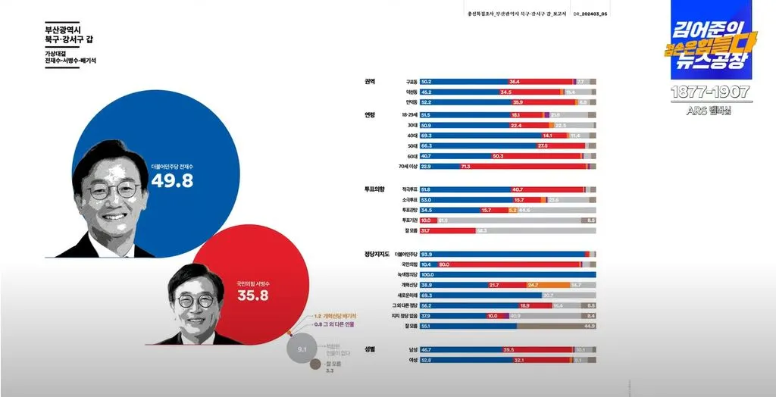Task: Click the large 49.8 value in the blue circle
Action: tap(173, 180)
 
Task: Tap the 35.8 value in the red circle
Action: tap(253, 295)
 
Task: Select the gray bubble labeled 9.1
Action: tap(302, 350)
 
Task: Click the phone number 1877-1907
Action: tap(710, 92)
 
